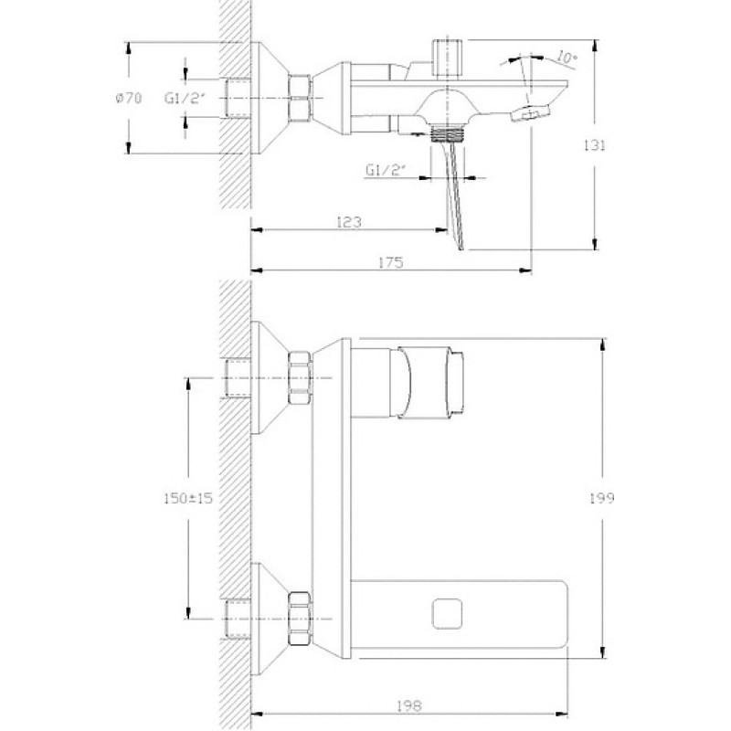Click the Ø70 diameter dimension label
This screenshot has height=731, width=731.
[128, 99]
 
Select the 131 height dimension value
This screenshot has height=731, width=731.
[595, 146]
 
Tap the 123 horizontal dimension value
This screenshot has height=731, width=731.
[349, 222]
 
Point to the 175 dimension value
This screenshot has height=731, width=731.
[391, 263]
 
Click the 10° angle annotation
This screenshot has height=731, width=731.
[567, 58]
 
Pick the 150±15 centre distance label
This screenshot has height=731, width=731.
[188, 498]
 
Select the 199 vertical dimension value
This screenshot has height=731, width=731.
[602, 498]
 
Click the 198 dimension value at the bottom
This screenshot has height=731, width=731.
[409, 705]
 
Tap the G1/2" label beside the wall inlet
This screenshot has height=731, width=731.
[185, 99]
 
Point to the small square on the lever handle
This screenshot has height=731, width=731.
[447, 613]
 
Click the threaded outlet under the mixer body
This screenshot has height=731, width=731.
[447, 133]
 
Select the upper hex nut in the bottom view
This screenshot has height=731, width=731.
[300, 377]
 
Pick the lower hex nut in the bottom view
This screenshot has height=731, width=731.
[300, 619]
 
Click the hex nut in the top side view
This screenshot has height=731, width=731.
[300, 99]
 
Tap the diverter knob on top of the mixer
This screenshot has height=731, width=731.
[447, 58]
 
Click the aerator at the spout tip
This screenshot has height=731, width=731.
[531, 112]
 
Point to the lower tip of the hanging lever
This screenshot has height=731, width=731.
[461, 249]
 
